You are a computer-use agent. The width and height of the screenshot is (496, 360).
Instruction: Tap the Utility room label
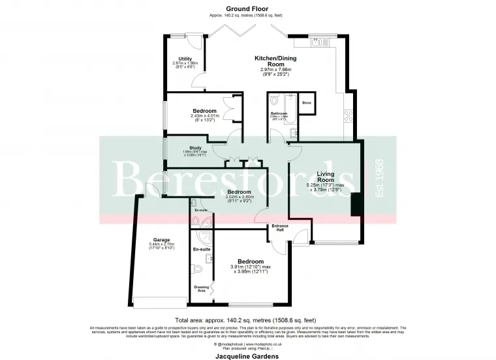(185, 59)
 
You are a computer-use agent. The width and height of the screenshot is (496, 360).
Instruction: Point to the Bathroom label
(279, 113)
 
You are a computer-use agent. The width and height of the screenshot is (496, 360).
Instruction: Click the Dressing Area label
(202, 288)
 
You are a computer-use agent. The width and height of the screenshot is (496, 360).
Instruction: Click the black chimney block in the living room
(356, 205)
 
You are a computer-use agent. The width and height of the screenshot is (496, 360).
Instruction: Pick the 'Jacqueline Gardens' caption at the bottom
(248, 357)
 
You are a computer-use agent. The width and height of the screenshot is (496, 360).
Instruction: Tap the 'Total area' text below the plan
(248, 320)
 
